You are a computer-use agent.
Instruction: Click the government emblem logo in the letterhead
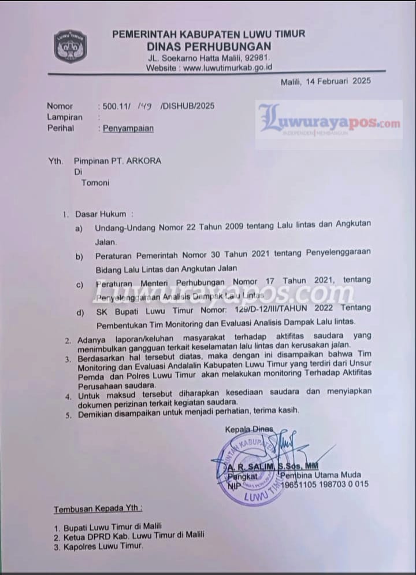[x=70, y=46]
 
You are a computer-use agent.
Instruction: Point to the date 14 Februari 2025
[x=341, y=82]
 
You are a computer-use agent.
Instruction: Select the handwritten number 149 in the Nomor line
[x=144, y=106]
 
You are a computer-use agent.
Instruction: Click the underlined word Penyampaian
[x=128, y=128]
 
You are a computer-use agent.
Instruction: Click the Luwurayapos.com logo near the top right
[x=329, y=122]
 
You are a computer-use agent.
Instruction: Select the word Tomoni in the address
[x=95, y=182]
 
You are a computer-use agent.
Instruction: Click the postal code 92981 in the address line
[x=254, y=58]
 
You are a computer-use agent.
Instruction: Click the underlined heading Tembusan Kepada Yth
[x=98, y=510]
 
